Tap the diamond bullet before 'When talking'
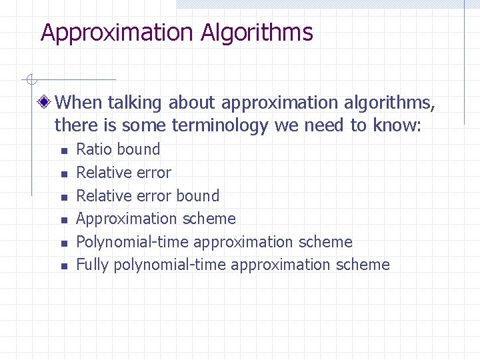click(x=45, y=103)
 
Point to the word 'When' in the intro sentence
click(x=77, y=103)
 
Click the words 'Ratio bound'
click(x=118, y=149)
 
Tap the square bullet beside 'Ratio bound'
click(x=63, y=151)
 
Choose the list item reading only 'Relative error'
click(x=123, y=173)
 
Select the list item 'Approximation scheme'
click(x=156, y=219)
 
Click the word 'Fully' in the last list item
click(x=93, y=265)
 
